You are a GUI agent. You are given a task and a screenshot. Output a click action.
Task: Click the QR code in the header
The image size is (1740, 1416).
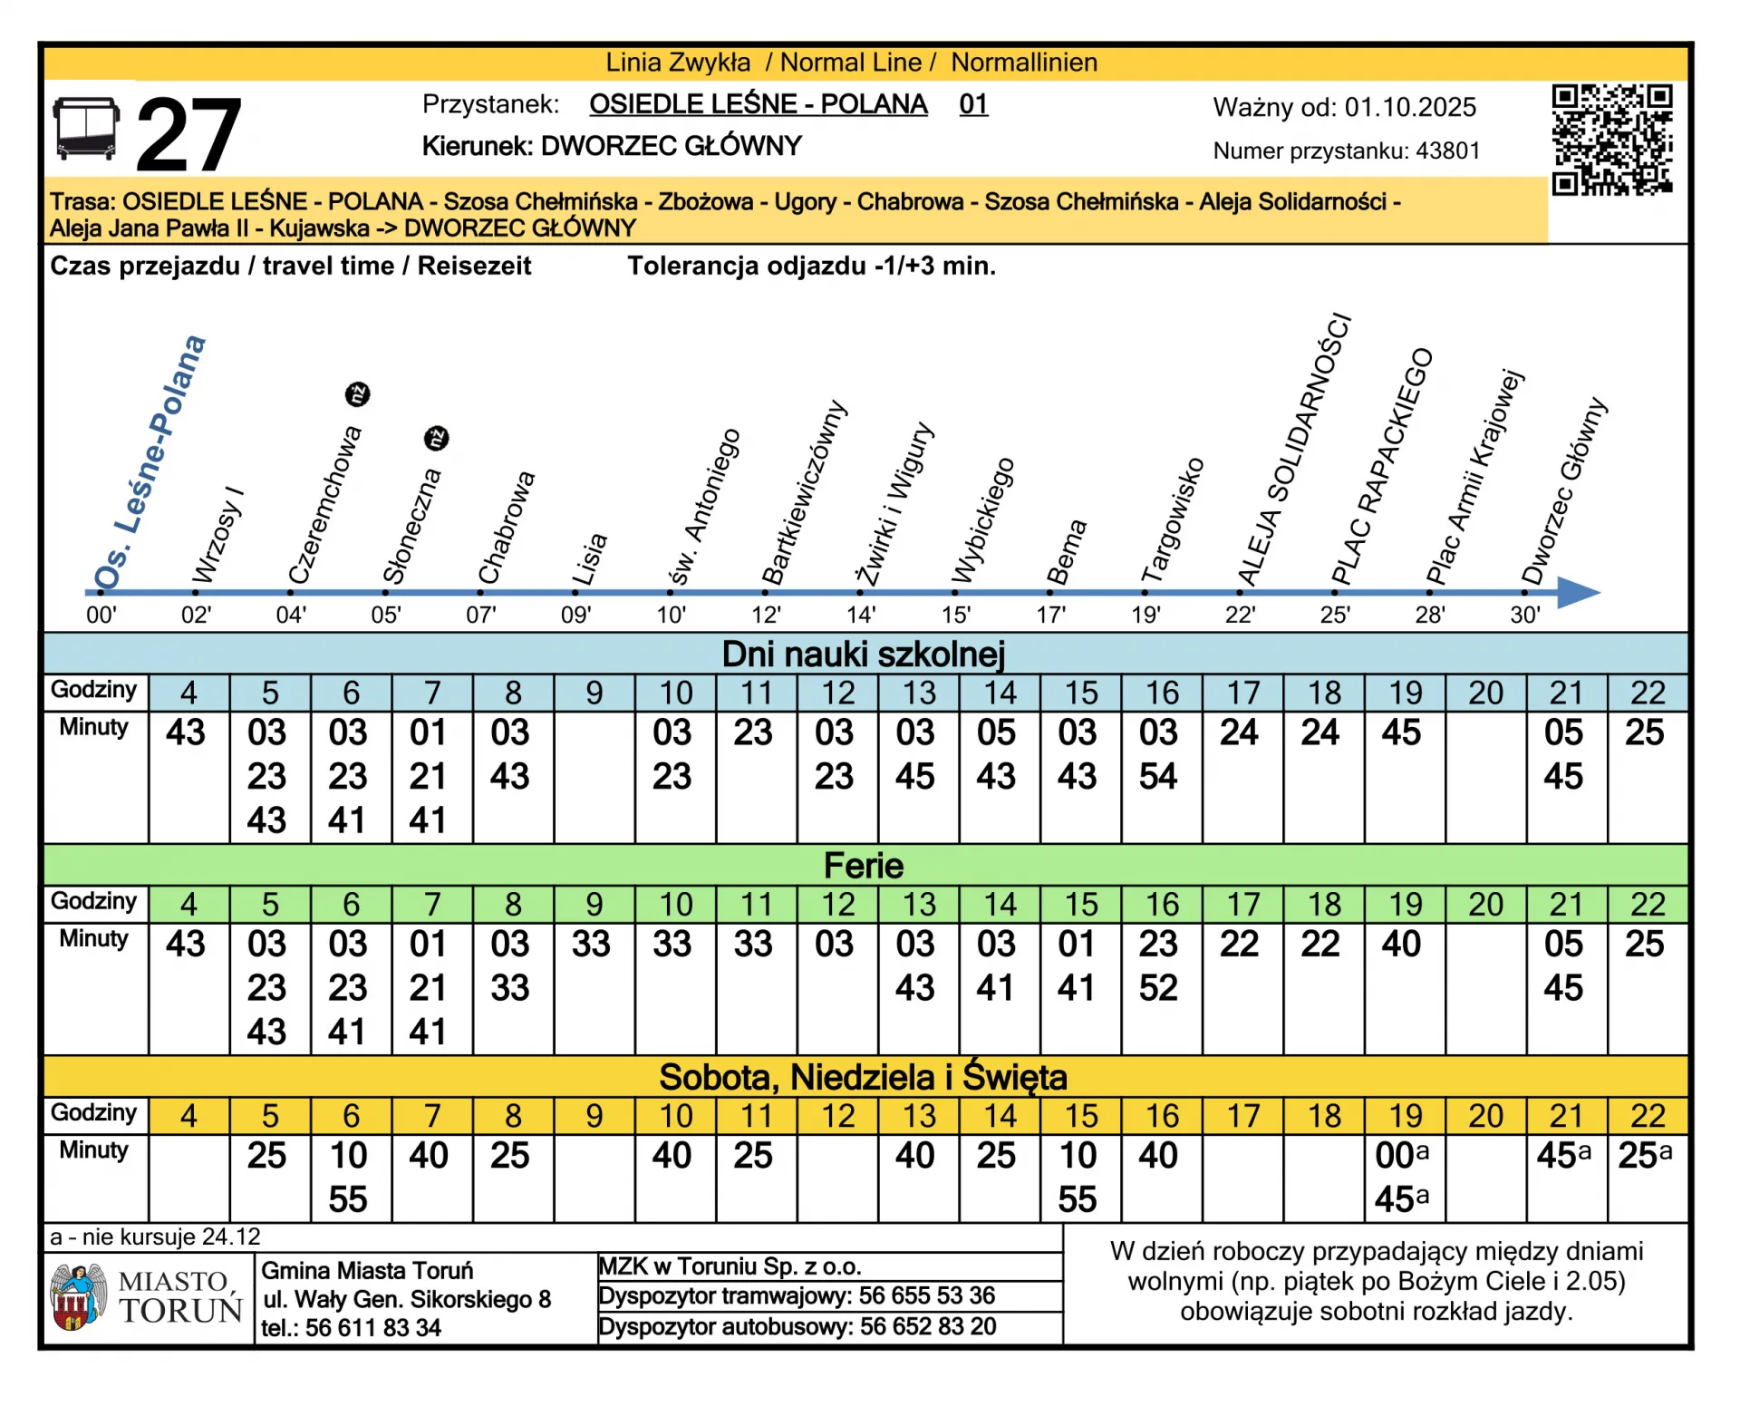[1611, 141]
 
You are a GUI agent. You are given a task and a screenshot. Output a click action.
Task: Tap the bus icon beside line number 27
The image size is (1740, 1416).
[86, 130]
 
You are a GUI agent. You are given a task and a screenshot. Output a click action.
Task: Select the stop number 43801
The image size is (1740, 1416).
[1447, 151]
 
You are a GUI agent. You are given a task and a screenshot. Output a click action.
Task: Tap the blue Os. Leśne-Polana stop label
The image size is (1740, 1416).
[150, 462]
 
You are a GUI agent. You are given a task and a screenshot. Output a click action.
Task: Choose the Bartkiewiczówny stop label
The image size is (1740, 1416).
[803, 494]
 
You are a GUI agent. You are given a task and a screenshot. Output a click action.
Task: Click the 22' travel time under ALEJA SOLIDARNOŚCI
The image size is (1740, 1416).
[1240, 616]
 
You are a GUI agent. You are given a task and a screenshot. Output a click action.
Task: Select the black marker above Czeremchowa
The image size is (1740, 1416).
[358, 394]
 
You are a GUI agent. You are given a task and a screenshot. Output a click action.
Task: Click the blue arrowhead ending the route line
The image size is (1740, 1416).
[1578, 592]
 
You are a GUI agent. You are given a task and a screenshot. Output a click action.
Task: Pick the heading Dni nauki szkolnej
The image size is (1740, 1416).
[863, 655]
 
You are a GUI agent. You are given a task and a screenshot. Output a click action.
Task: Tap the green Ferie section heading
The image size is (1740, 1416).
[863, 866]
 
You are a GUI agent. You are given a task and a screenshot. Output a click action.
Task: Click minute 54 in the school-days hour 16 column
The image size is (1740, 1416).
[1158, 777]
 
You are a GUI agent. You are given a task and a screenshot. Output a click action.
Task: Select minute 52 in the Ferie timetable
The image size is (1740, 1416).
[1158, 988]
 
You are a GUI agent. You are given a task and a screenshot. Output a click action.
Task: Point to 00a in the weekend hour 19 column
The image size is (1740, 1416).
[1401, 1156]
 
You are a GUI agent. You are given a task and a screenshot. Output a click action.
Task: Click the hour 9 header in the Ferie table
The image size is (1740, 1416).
[594, 905]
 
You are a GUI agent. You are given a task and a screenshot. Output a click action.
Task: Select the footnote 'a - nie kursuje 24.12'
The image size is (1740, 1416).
[155, 1237]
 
